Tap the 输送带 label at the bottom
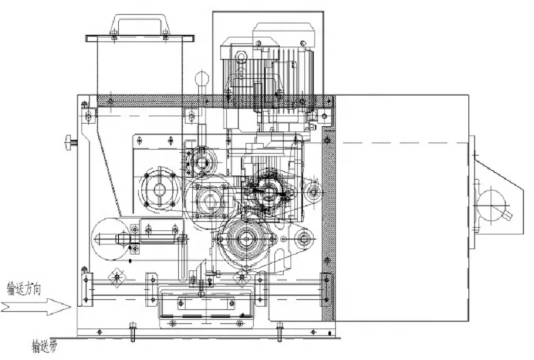click(45, 346)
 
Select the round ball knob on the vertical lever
click(201, 79)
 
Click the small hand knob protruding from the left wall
click(69, 142)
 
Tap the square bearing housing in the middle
click(208, 200)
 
